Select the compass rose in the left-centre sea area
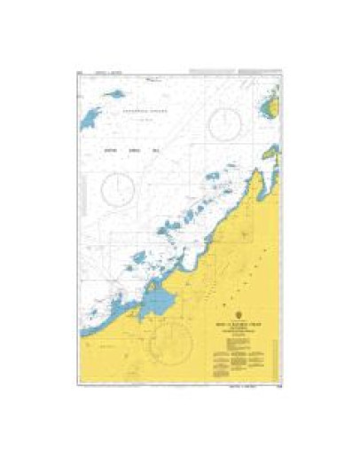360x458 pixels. (120, 187)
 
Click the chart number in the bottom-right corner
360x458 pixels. (278, 385)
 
